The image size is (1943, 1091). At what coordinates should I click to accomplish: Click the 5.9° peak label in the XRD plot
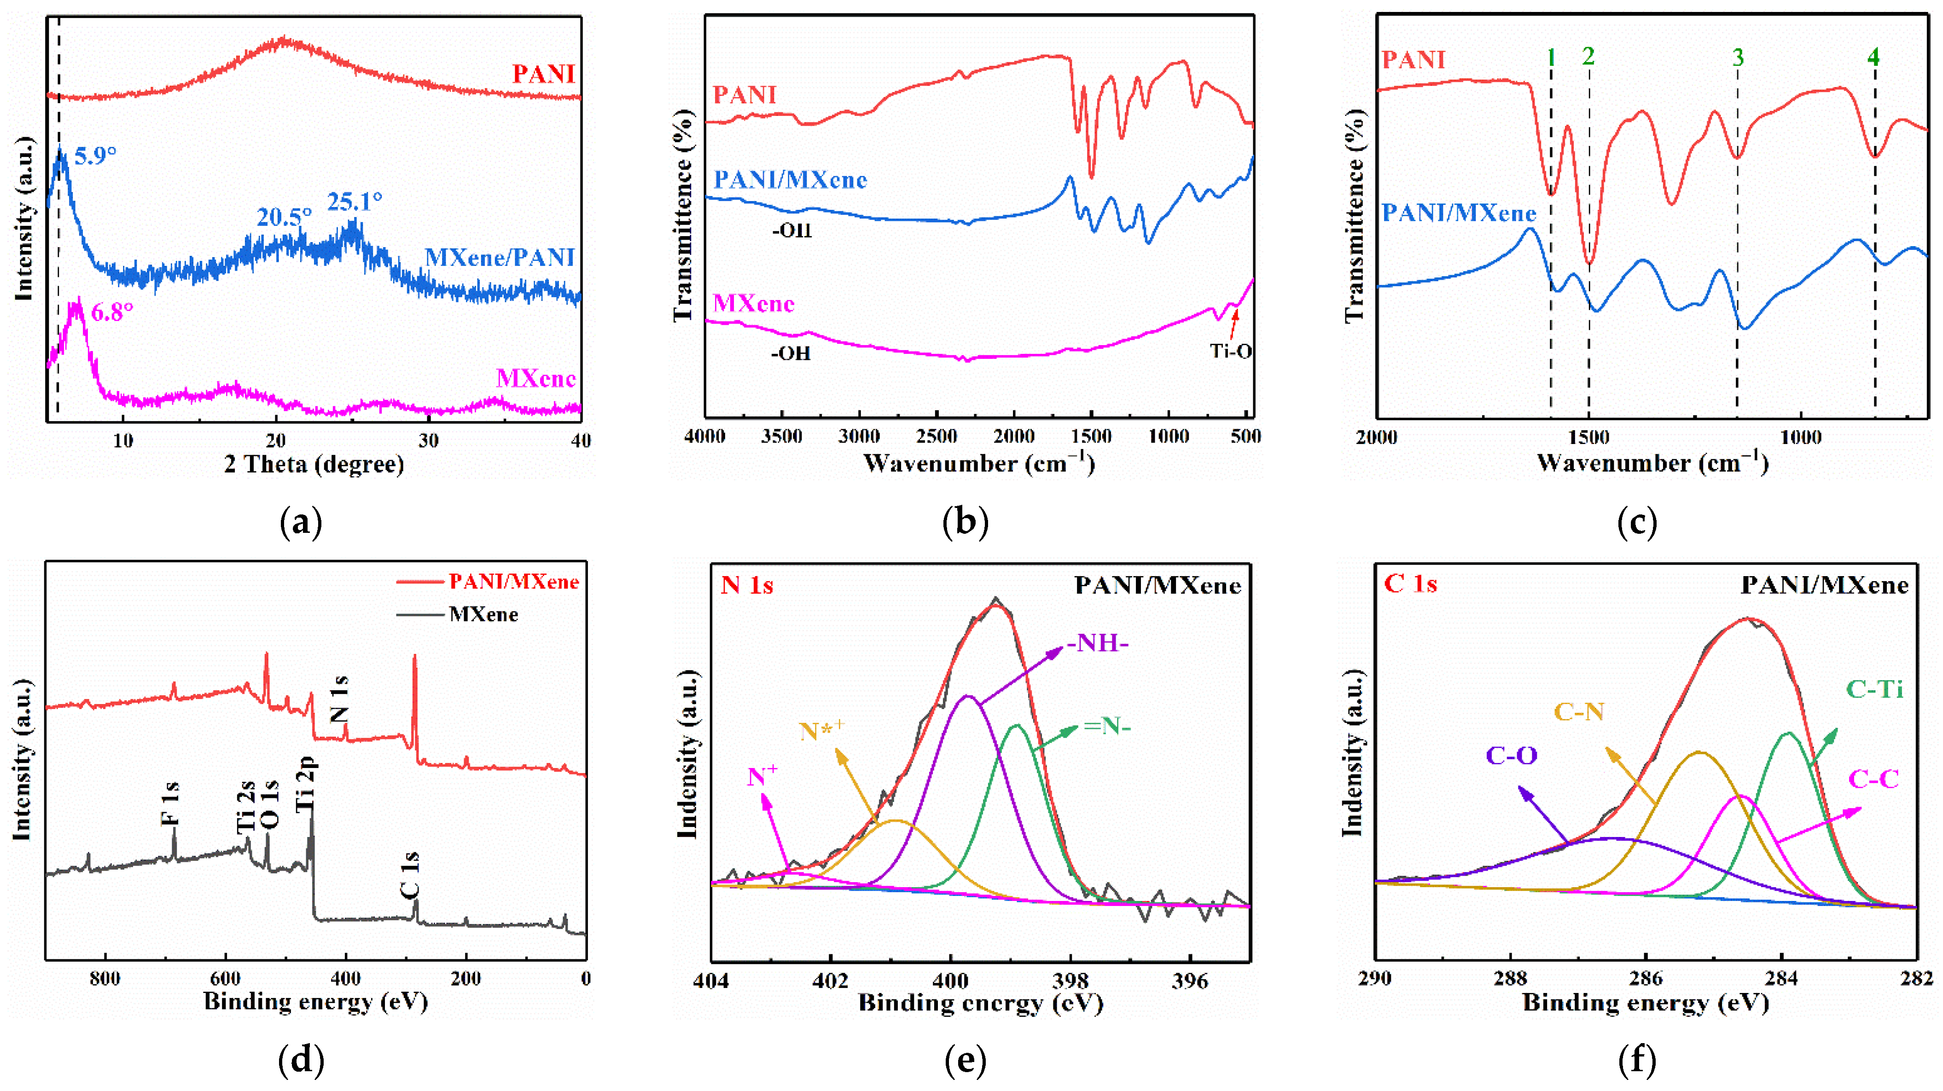[95, 156]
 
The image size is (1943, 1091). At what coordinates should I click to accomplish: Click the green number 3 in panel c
[1738, 58]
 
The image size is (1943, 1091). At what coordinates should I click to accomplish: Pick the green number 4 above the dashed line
[1873, 58]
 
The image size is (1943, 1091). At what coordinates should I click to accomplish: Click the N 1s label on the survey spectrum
[339, 699]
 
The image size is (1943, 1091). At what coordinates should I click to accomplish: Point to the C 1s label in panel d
[410, 875]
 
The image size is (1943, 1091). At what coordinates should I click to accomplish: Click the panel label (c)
[1637, 522]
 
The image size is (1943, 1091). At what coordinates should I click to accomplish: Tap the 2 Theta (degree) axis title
[314, 464]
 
